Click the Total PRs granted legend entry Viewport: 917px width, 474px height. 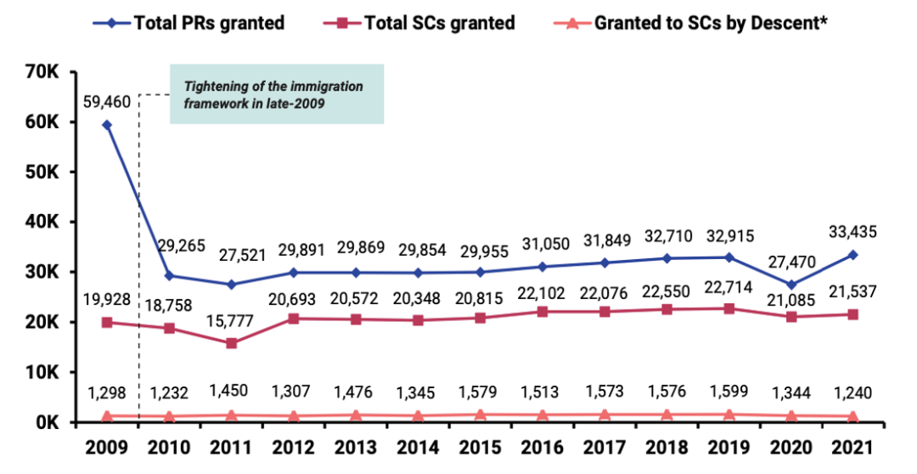click(x=195, y=23)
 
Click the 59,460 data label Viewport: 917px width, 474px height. click(x=107, y=103)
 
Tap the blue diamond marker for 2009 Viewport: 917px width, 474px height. click(x=107, y=125)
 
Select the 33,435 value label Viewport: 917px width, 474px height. click(x=852, y=231)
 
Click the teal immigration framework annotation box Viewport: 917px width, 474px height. click(x=277, y=94)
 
